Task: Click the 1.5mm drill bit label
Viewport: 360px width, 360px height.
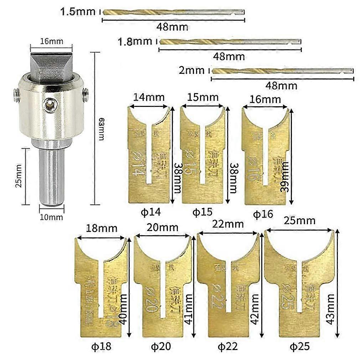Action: click(78, 11)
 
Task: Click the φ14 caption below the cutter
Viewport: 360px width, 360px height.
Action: click(150, 212)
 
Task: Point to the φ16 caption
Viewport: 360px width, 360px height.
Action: click(263, 214)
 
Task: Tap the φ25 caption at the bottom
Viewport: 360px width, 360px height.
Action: click(300, 346)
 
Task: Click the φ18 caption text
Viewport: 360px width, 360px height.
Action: click(101, 346)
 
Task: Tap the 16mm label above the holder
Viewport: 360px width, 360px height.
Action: click(51, 41)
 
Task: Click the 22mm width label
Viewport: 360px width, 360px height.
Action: click(227, 224)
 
